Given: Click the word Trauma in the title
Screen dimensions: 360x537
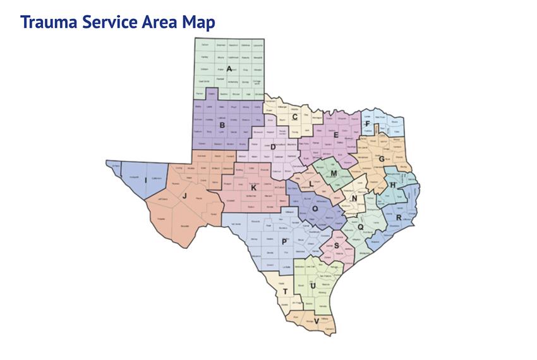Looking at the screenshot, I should (x=48, y=21).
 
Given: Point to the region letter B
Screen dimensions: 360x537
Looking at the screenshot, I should (x=222, y=125).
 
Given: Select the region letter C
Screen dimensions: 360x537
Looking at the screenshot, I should (x=295, y=116).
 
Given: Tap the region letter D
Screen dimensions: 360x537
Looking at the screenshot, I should (x=273, y=147).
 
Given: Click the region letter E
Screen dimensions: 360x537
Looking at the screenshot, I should (x=336, y=135).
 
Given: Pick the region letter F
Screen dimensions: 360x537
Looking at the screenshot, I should (x=368, y=124).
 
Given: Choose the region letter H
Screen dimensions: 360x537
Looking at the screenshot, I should (x=393, y=185).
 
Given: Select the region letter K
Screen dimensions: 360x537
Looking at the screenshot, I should (x=253, y=188).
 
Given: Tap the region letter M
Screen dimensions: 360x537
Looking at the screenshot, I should (x=334, y=173).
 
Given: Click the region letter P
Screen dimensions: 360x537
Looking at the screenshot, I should (x=285, y=242).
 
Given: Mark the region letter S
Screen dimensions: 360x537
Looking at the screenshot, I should (x=337, y=246).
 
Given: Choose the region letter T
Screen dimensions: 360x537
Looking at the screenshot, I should (x=286, y=291).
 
